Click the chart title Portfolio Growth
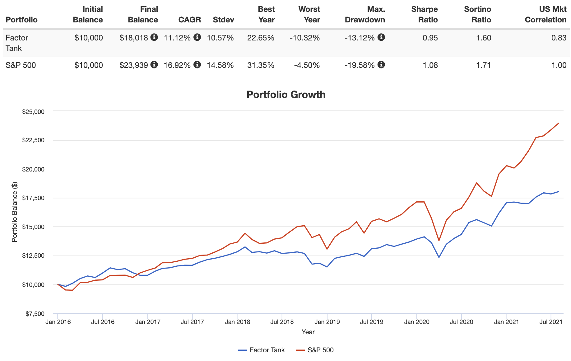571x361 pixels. point(286,95)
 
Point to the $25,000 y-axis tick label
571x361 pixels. point(33,112)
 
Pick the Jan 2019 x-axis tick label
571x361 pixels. point(327,322)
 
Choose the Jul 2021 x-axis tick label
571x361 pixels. point(551,322)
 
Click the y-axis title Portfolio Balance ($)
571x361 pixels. point(15,212)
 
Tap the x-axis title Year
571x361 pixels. point(308,332)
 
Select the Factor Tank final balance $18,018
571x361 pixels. point(134,38)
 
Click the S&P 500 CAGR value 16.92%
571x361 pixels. point(177,65)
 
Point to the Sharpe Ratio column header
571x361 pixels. point(424,14)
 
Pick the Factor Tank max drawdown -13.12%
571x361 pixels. point(360,38)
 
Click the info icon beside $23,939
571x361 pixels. point(154,65)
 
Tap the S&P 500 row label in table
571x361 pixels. point(21,65)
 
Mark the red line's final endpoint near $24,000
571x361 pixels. point(559,123)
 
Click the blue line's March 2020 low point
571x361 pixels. point(439,257)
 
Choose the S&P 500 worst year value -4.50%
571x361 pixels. point(307,65)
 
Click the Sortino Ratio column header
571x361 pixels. point(477,14)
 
